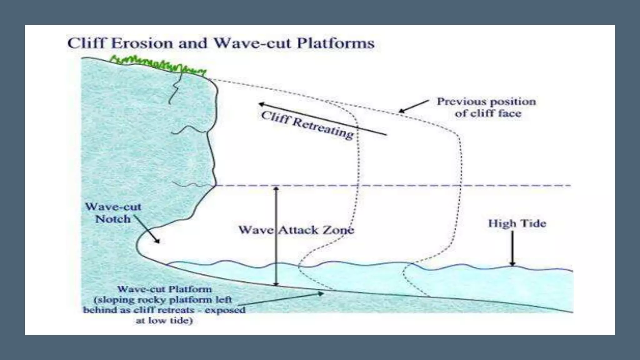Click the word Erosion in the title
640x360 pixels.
click(x=142, y=43)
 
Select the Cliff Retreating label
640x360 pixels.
click(x=307, y=125)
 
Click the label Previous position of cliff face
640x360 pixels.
click(x=487, y=107)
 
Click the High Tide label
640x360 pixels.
click(x=517, y=223)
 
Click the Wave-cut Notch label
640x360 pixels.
click(x=113, y=212)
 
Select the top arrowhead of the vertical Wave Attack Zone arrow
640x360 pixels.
click(x=276, y=189)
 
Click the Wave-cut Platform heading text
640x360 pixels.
click(x=164, y=289)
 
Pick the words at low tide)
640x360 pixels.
click(x=164, y=321)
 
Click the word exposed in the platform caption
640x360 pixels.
click(x=225, y=310)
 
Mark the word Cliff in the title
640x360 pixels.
click(x=86, y=43)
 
